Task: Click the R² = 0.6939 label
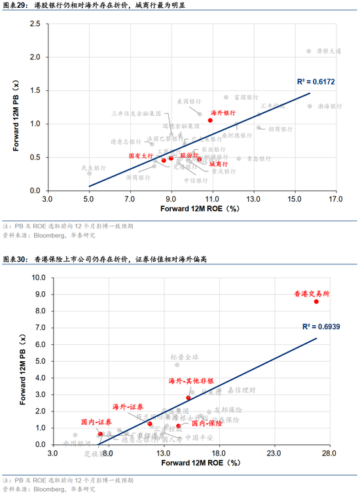coord(320,325)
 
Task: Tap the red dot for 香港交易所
coord(316,302)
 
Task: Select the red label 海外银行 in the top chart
coord(225,113)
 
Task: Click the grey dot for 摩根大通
coord(310,51)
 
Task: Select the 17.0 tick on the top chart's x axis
coord(335,198)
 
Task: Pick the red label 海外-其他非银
coord(191,381)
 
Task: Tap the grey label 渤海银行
coord(330,105)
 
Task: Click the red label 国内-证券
coord(96,422)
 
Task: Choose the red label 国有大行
coord(140,156)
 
